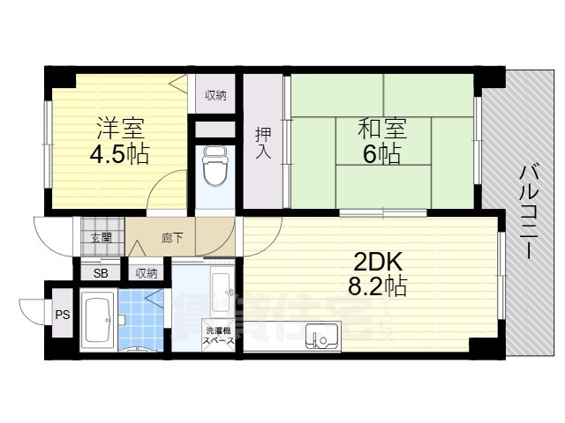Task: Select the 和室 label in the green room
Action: click(x=381, y=129)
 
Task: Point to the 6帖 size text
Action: click(x=381, y=154)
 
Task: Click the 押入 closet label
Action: click(x=264, y=144)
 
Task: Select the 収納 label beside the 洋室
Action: click(x=215, y=95)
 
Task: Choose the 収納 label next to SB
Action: click(x=147, y=273)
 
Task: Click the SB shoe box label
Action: click(x=101, y=273)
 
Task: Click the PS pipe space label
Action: click(x=63, y=314)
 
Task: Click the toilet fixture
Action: click(x=215, y=167)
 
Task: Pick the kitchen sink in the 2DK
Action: click(x=323, y=336)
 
